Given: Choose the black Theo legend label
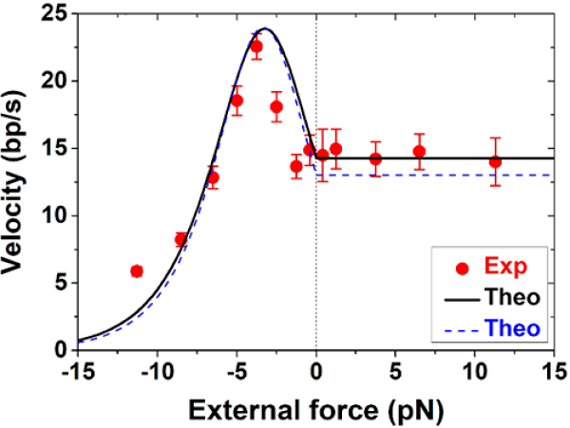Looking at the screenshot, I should click(517, 298).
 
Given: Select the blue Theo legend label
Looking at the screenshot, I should click(517, 327).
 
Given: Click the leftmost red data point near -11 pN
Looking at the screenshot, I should click(137, 270).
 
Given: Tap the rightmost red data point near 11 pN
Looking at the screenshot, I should click(495, 161).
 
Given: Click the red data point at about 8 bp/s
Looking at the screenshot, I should click(180, 239).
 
